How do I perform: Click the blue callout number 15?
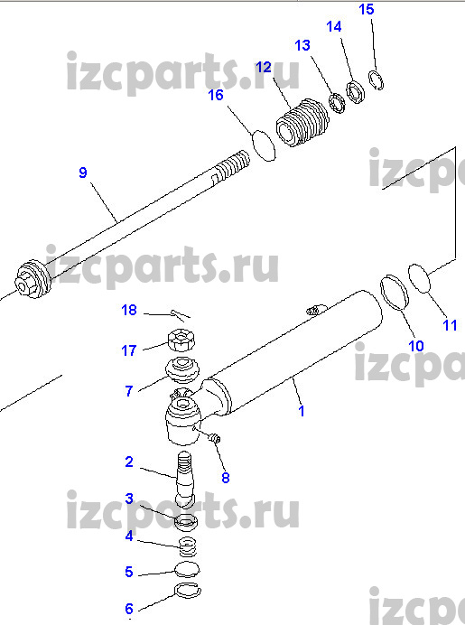point(367,9)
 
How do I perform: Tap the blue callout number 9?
point(82,173)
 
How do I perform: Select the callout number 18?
point(129,310)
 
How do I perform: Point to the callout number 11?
point(450,325)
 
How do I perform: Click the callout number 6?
point(129,609)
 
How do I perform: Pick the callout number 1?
point(302,411)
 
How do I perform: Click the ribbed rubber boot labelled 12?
point(302,123)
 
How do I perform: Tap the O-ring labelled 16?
point(264,145)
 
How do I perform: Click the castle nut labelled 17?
point(181,340)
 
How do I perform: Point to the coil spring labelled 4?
point(188,547)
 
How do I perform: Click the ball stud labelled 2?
point(185,480)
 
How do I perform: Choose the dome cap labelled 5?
point(187,570)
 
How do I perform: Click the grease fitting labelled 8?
point(214,438)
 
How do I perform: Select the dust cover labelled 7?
point(182,371)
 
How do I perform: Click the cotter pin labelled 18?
point(180,315)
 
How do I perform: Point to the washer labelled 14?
point(355,92)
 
